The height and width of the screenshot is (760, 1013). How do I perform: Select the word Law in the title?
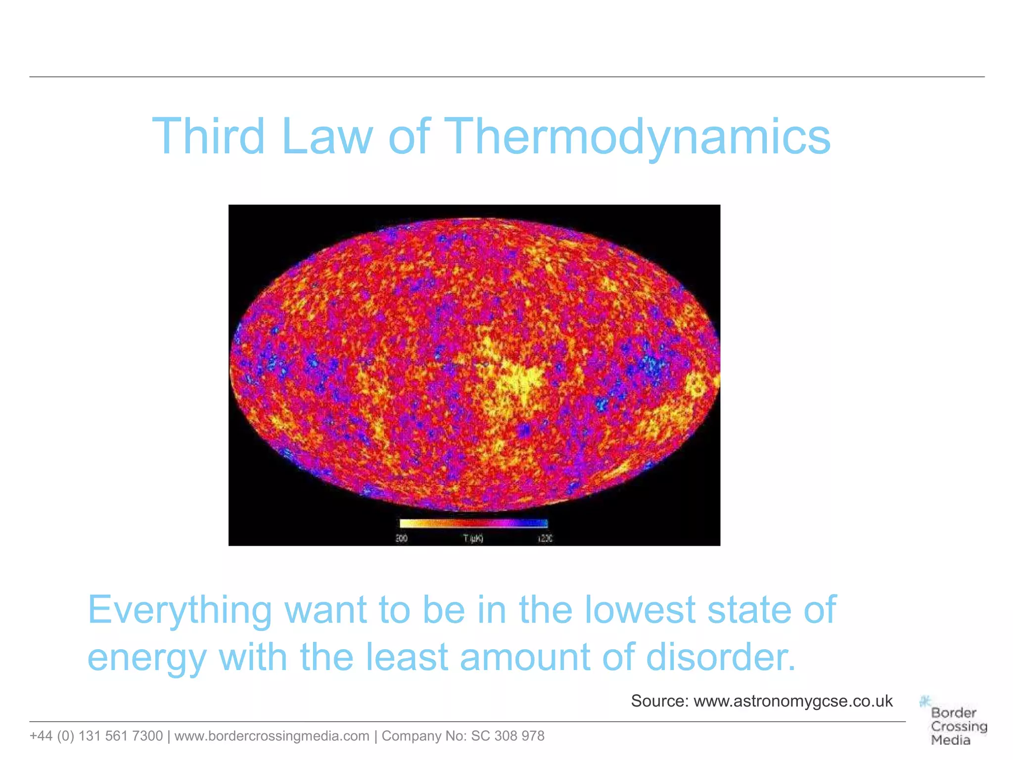pyautogui.click(x=326, y=137)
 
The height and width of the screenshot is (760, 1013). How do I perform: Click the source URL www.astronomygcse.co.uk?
pyautogui.click(x=793, y=701)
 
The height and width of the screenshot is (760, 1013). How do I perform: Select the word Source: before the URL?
pyautogui.click(x=660, y=701)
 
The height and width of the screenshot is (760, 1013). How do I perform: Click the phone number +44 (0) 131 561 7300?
pyautogui.click(x=96, y=736)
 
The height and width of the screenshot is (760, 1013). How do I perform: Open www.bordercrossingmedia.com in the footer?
pyautogui.click(x=272, y=736)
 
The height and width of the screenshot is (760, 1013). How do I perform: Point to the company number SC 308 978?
pyautogui.click(x=507, y=736)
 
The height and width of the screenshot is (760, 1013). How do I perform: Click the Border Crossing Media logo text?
pyautogui.click(x=958, y=726)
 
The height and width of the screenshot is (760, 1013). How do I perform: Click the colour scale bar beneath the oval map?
pyautogui.click(x=473, y=523)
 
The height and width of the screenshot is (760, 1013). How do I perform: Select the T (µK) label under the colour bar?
pyautogui.click(x=473, y=538)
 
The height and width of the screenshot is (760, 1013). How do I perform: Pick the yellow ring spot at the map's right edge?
pyautogui.click(x=697, y=385)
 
